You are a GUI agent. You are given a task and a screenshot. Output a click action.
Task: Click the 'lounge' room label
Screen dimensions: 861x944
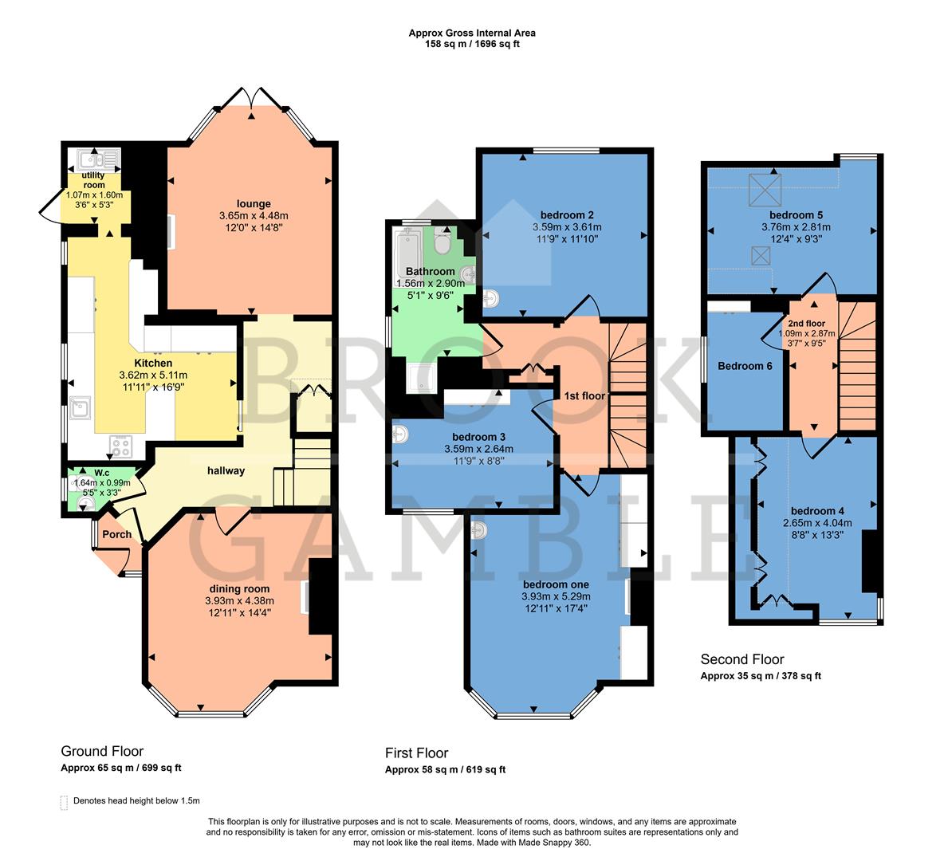point(254,203)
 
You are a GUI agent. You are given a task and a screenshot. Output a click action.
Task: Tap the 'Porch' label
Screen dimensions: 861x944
point(116,534)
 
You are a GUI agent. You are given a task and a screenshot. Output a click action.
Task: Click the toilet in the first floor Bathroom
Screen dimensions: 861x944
point(443,241)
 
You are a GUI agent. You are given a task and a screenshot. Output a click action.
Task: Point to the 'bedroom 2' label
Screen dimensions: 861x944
point(567,214)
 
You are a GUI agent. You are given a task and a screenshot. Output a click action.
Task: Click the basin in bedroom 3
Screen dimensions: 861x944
point(401,434)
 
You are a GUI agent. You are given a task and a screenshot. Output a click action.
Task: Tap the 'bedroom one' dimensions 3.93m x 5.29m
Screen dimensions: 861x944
point(557,596)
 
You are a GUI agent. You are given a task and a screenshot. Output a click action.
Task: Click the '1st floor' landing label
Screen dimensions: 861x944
point(584,395)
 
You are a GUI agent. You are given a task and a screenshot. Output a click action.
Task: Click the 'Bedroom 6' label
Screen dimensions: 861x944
point(745,366)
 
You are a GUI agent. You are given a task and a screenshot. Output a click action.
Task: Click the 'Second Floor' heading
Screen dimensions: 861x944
point(741,659)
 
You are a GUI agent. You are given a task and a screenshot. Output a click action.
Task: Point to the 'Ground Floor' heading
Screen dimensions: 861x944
point(102,751)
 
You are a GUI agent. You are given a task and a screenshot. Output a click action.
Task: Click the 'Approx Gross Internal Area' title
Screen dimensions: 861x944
point(472,33)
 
